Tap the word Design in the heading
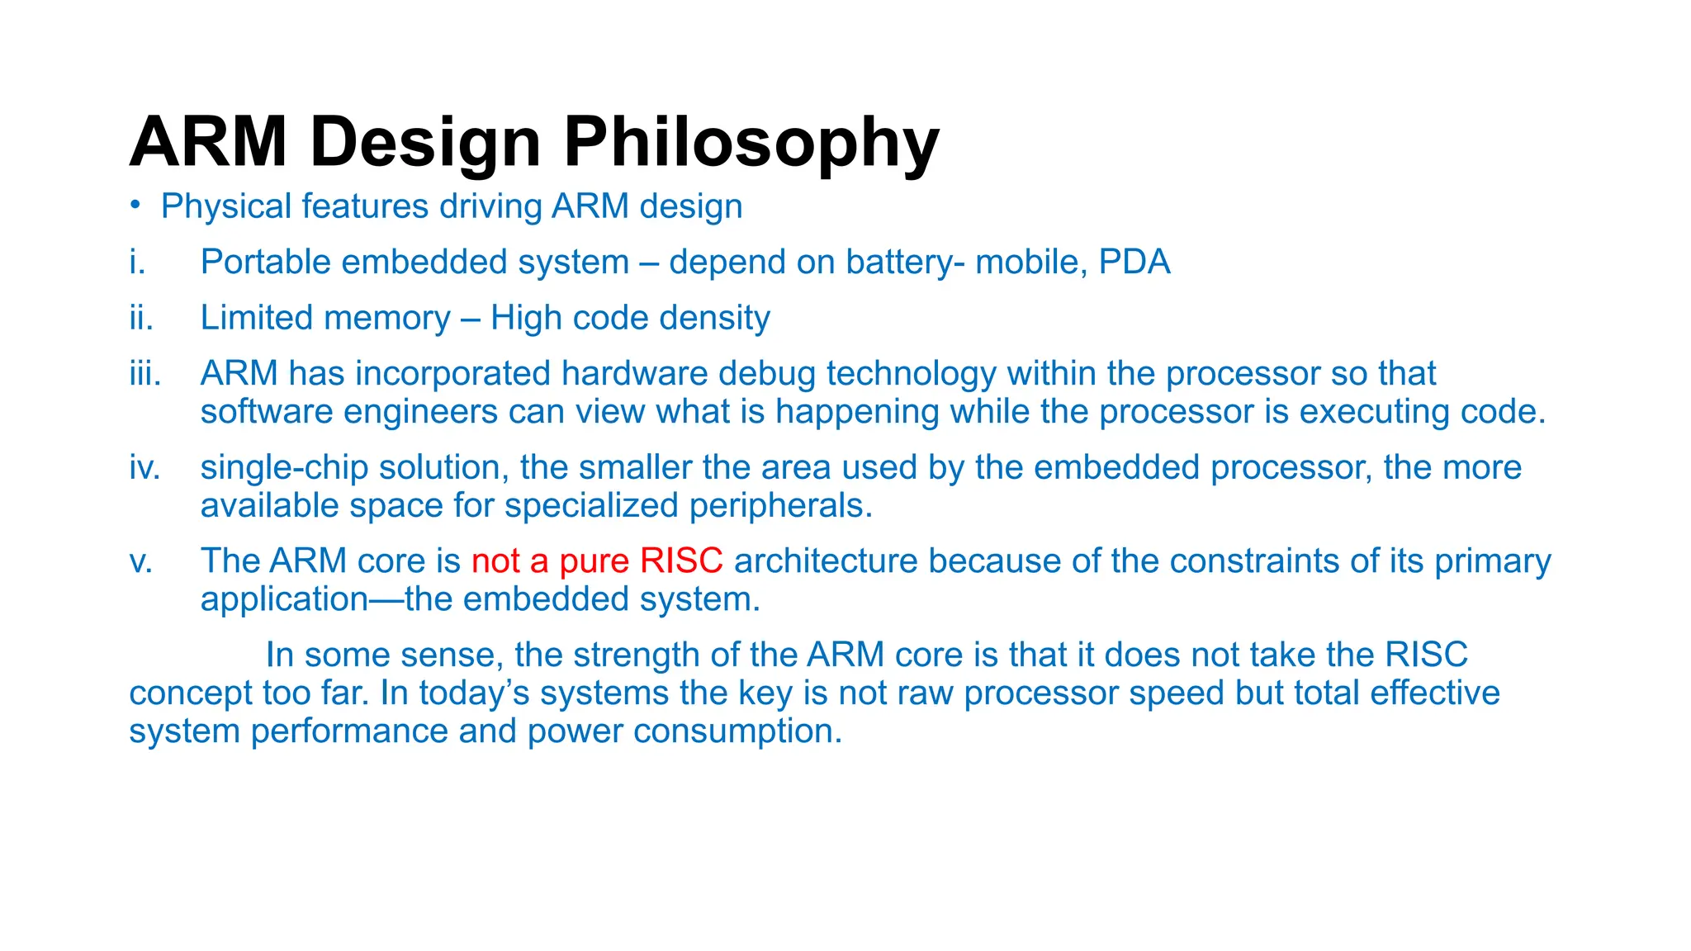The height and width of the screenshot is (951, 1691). [x=425, y=142]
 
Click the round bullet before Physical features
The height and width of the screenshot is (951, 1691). [x=135, y=205]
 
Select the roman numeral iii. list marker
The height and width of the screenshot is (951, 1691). [x=144, y=374]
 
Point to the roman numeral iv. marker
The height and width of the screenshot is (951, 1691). [x=144, y=468]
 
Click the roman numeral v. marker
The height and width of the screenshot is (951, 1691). [x=141, y=561]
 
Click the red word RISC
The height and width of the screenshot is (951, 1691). [x=681, y=561]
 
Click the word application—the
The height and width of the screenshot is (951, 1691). [x=337, y=599]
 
